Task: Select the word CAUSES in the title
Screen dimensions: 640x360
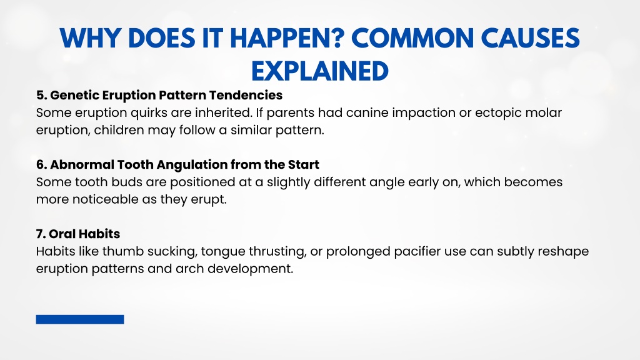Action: (x=530, y=38)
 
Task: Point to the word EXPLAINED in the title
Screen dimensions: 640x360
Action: (x=319, y=71)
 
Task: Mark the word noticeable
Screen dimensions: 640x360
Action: (x=105, y=199)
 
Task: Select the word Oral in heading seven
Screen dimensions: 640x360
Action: (x=62, y=234)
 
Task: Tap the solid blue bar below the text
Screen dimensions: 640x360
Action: (x=80, y=319)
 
